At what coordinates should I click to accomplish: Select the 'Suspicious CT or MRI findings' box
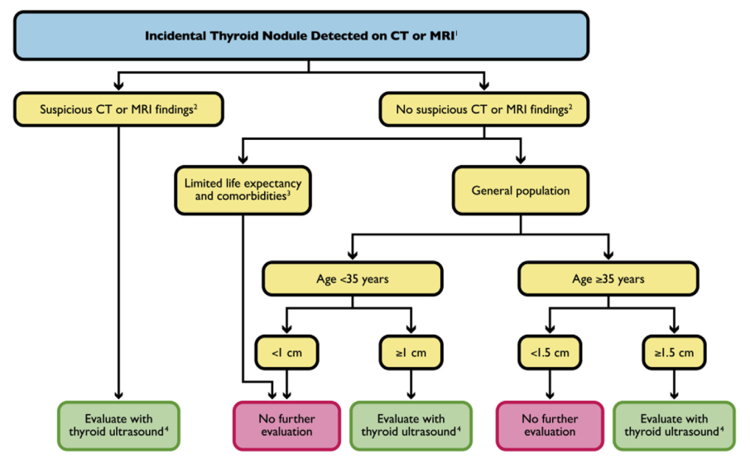pyautogui.click(x=118, y=109)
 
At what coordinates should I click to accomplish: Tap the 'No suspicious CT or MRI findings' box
pyautogui.click(x=483, y=109)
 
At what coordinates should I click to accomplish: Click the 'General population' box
pyautogui.click(x=520, y=190)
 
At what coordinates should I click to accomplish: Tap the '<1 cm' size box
pyautogui.click(x=286, y=352)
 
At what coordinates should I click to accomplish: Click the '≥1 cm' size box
pyautogui.click(x=411, y=352)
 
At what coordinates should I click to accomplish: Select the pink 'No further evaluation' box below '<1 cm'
pyautogui.click(x=286, y=425)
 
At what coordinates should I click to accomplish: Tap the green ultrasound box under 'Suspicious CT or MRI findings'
pyautogui.click(x=118, y=425)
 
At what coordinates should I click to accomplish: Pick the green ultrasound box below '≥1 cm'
pyautogui.click(x=411, y=425)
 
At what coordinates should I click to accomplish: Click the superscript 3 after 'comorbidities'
pyautogui.click(x=288, y=195)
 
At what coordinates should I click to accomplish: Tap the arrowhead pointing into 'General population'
pyautogui.click(x=520, y=160)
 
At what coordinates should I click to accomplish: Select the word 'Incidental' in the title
pyautogui.click(x=175, y=36)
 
